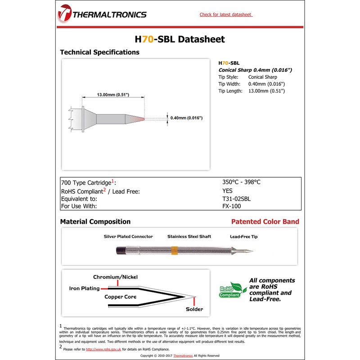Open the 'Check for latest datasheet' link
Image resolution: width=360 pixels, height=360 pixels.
coord(226,14)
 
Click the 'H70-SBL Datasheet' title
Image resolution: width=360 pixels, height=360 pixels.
coord(180,39)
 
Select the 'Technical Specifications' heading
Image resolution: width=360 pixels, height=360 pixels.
coord(99,52)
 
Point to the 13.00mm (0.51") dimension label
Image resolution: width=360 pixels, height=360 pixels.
coord(113,95)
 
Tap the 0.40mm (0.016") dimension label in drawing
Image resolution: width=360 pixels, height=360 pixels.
coord(187,118)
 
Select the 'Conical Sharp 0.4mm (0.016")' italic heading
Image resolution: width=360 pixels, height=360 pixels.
coord(255,70)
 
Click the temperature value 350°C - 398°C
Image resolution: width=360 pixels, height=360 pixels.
coord(241,182)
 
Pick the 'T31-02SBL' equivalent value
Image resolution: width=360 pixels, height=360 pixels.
coord(236,198)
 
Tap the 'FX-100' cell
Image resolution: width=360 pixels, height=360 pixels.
coord(231,206)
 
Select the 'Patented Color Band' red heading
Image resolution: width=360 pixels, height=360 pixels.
coord(265,222)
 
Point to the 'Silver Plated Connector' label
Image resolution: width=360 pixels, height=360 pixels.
coord(128,237)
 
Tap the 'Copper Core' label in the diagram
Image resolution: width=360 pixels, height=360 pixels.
coord(120,297)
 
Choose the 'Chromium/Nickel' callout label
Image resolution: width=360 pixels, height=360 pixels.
coord(115,277)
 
